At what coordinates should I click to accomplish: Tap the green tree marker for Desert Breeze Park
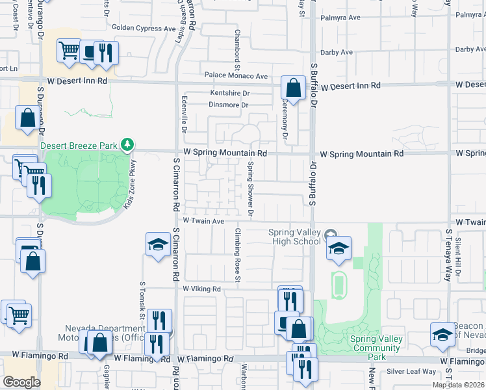pyautogui.click(x=129, y=144)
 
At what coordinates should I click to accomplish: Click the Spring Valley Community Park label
pyautogui.click(x=376, y=343)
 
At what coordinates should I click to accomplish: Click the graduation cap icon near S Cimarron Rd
pyautogui.click(x=158, y=244)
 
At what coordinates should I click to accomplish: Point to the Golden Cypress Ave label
pyautogui.click(x=144, y=28)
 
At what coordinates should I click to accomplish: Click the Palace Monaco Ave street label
pyautogui.click(x=237, y=76)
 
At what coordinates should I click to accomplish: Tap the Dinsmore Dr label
pyautogui.click(x=229, y=105)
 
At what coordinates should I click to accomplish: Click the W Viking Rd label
pyautogui.click(x=202, y=289)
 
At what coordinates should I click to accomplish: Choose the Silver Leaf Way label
pyautogui.click(x=412, y=371)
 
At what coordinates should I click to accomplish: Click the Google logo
pyautogui.click(x=21, y=382)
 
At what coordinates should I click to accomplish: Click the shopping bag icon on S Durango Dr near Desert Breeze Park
pyautogui.click(x=28, y=119)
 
